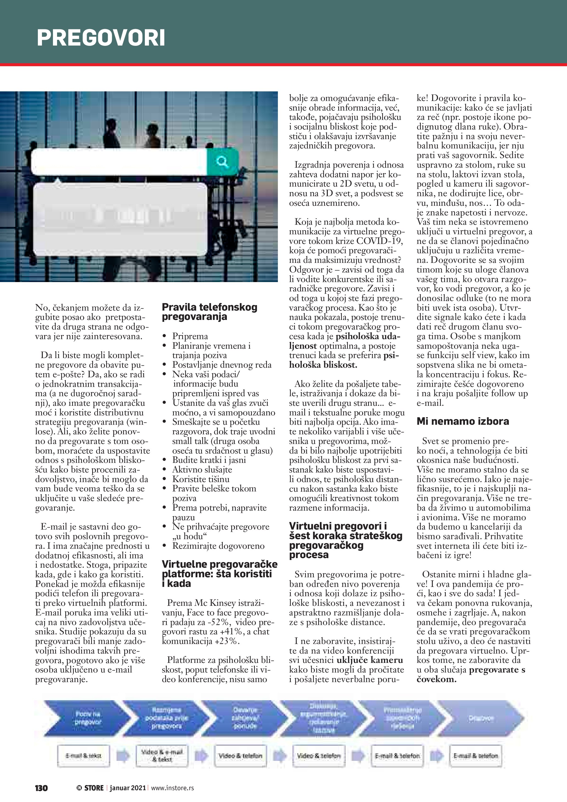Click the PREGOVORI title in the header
coord(101,38)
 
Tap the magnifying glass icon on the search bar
coord(222,162)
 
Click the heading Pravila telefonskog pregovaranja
coord(210,312)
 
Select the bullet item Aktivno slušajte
coord(202,469)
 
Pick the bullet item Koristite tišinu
coord(201,479)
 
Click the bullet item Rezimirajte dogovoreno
coord(218,546)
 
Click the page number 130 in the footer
coord(41,788)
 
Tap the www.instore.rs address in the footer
coord(173,788)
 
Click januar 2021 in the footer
coord(128,788)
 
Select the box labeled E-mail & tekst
coord(83,756)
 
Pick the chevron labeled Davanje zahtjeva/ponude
coord(244,718)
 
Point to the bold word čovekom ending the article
coord(436,679)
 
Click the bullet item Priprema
coord(190,336)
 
